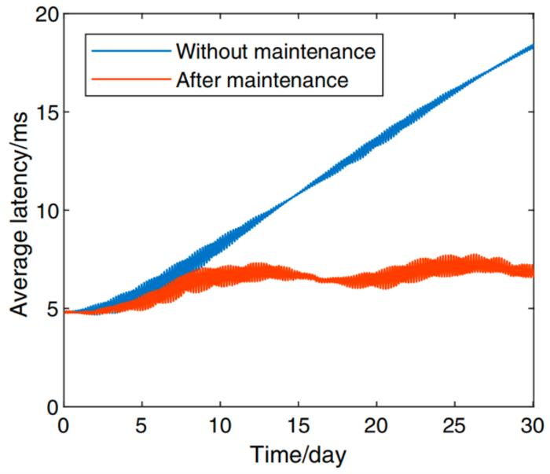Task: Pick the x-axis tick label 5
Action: point(141,424)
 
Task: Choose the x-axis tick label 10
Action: point(220,424)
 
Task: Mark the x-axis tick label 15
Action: point(299,424)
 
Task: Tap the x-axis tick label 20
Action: point(377,424)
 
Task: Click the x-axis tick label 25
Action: point(456,424)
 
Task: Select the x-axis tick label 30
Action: point(533,424)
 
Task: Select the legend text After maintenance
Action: point(262,79)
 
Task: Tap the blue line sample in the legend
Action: point(127,52)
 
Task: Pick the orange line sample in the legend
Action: point(127,79)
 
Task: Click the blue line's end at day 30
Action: point(533,46)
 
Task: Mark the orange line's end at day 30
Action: point(532,271)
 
